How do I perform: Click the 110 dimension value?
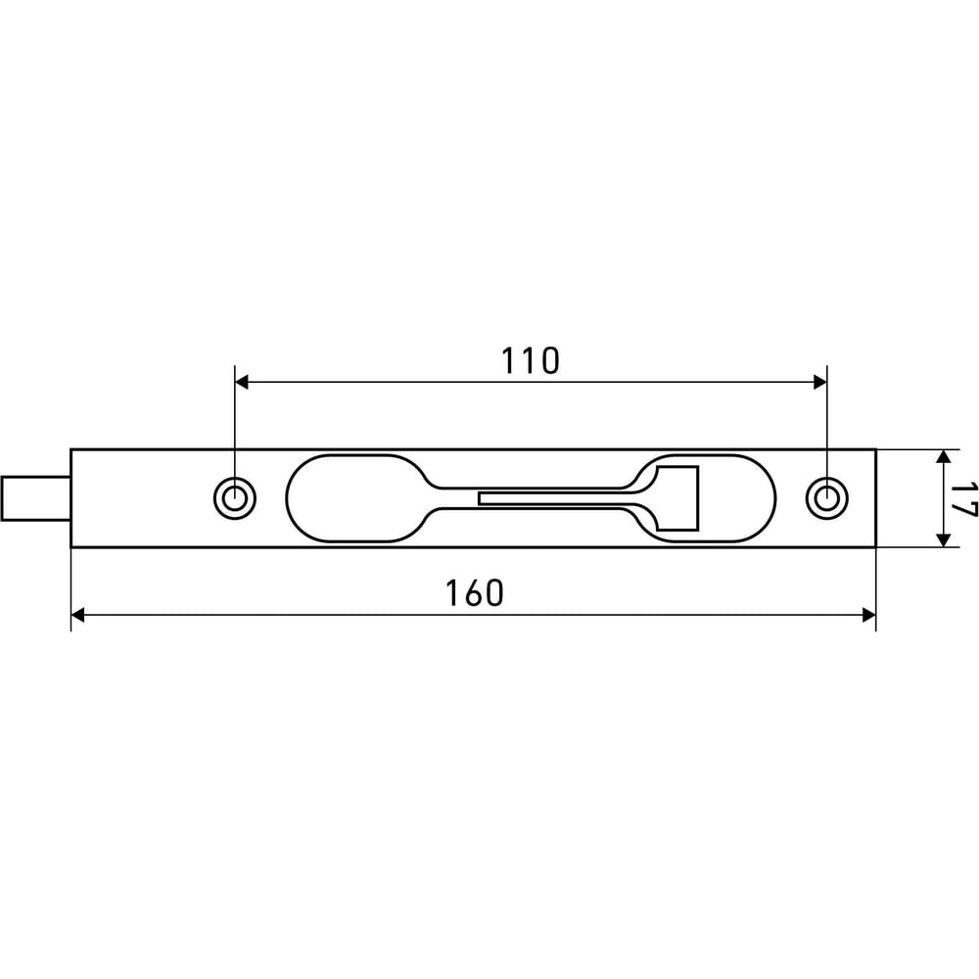point(530,361)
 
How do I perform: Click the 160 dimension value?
point(474,593)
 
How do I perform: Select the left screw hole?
point(235,498)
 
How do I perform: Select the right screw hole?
point(827,498)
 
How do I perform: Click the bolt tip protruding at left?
point(35,498)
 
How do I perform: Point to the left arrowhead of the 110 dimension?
point(241,382)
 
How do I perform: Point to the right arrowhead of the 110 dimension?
point(820,382)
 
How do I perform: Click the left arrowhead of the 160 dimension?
point(77,616)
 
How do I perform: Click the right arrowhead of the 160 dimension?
point(868,616)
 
